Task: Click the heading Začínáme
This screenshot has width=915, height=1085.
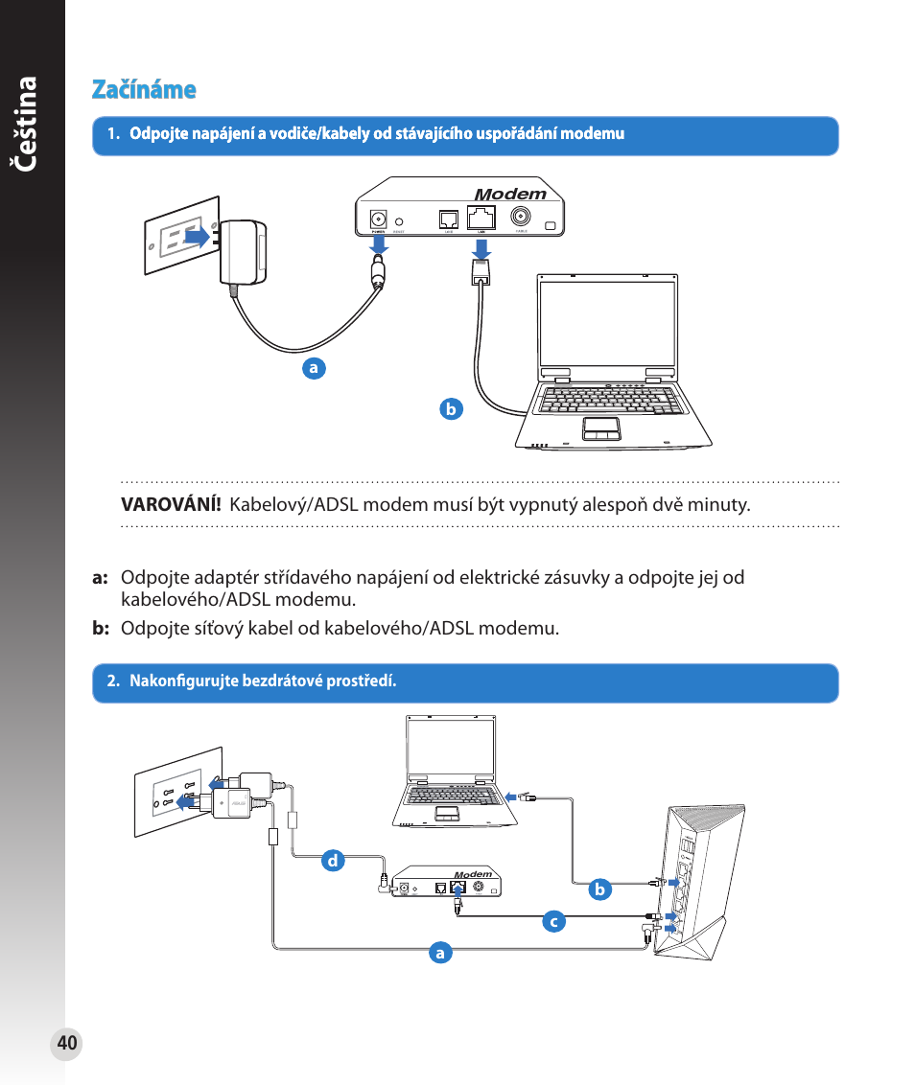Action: [x=144, y=90]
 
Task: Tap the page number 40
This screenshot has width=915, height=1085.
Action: [x=66, y=1044]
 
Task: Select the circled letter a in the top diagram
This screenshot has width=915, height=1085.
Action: [x=312, y=367]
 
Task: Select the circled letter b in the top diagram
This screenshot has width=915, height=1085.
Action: [x=451, y=409]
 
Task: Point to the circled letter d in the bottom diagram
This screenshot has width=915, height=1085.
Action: [x=333, y=861]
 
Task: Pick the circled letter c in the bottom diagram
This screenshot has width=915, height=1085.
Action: [x=552, y=922]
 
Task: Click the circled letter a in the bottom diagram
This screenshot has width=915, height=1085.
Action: [x=440, y=953]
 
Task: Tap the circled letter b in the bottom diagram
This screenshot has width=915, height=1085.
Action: [x=599, y=889]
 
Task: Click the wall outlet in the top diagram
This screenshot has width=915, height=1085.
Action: [x=182, y=236]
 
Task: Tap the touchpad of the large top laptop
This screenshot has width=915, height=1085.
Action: [x=601, y=427]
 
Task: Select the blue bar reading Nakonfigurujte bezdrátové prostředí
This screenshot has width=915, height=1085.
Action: [x=465, y=682]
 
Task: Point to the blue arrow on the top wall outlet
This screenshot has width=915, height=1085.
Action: [x=198, y=236]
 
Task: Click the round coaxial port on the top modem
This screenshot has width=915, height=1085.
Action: [x=522, y=217]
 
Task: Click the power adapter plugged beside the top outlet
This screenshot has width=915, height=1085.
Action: [x=244, y=251]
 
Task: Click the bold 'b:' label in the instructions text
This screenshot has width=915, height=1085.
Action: [x=102, y=629]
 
